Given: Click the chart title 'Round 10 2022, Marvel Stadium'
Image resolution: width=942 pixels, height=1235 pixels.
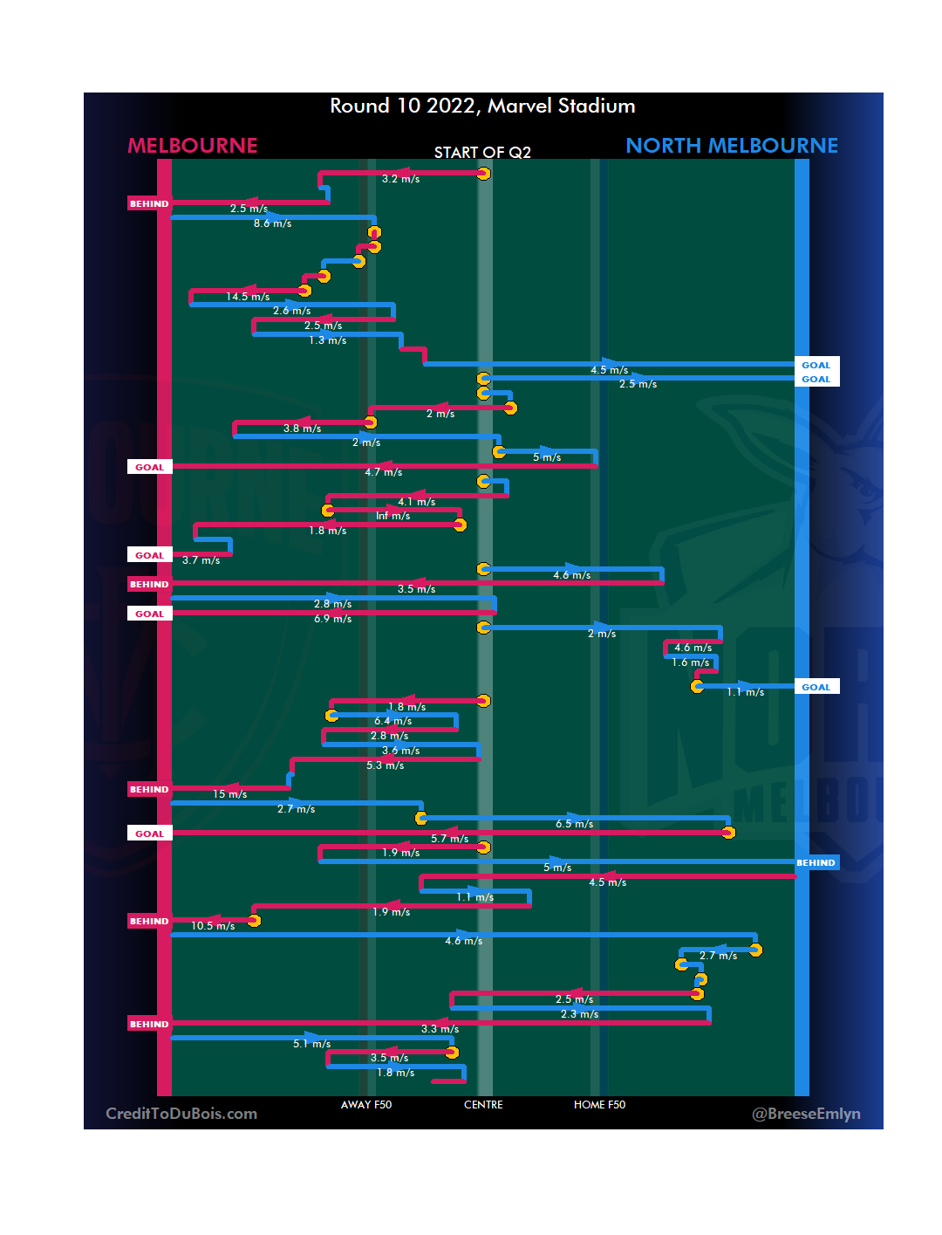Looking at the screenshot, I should pyautogui.click(x=482, y=106).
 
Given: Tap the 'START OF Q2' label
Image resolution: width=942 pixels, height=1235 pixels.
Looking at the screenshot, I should pyautogui.click(x=482, y=153).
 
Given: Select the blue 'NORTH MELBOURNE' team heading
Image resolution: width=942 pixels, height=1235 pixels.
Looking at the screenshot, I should pyautogui.click(x=732, y=146).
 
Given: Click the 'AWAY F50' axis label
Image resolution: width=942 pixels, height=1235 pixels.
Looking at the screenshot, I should pyautogui.click(x=366, y=1105).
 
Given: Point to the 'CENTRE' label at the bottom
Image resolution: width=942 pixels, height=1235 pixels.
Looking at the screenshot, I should pyautogui.click(x=483, y=1105).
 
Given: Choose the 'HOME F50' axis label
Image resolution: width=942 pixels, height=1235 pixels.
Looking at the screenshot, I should pyautogui.click(x=599, y=1105).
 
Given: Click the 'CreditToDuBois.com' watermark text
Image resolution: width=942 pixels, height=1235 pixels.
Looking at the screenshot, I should pyautogui.click(x=181, y=1114).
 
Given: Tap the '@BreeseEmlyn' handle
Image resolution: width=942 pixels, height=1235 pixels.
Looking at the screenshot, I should pyautogui.click(x=806, y=1114).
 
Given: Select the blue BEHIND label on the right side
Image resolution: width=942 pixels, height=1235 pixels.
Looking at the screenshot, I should pyautogui.click(x=816, y=862).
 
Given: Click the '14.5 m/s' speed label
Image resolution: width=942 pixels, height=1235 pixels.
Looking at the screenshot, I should pyautogui.click(x=248, y=297).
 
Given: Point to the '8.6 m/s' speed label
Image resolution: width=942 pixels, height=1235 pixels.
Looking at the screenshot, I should pyautogui.click(x=272, y=223).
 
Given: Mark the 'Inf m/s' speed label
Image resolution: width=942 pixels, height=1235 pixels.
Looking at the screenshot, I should pyautogui.click(x=392, y=516).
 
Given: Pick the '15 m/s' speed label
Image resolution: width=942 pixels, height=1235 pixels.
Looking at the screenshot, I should pyautogui.click(x=229, y=794).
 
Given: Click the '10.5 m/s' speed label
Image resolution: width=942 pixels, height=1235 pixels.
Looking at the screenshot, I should pyautogui.click(x=213, y=926).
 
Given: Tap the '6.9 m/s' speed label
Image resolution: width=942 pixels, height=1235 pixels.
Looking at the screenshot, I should pyautogui.click(x=333, y=619).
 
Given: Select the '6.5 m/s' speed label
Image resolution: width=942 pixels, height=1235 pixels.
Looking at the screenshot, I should pyautogui.click(x=574, y=824).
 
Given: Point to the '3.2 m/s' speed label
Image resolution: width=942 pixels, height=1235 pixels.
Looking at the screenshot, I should pyautogui.click(x=400, y=179).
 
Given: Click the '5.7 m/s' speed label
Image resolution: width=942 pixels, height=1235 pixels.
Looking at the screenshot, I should pyautogui.click(x=449, y=839).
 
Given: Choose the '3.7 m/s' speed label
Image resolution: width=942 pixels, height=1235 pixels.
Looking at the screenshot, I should pyautogui.click(x=201, y=560).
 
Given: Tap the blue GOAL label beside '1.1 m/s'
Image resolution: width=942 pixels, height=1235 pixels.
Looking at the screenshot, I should pyautogui.click(x=816, y=687).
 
